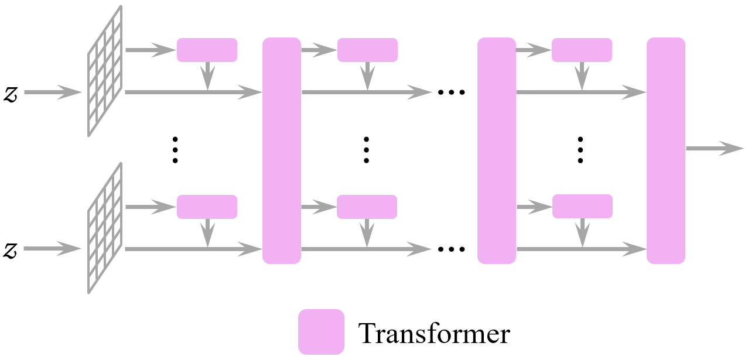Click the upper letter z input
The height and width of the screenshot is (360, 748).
coord(11,94)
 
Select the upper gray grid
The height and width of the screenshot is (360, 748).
coord(105,71)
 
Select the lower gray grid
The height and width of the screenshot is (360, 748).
coord(105,228)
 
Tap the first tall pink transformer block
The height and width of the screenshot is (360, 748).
coord(282,150)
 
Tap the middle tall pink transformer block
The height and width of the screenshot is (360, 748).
coord(497,150)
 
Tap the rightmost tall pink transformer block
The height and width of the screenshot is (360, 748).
coord(666,150)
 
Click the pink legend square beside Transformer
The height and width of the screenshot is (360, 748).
coord(321,332)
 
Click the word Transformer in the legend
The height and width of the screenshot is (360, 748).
coord(434,334)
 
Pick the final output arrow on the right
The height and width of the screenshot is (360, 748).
coord(714,149)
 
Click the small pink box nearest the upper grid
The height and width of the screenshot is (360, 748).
coord(207,50)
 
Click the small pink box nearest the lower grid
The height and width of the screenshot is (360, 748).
coord(207,207)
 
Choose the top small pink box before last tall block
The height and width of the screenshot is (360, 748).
coord(582,50)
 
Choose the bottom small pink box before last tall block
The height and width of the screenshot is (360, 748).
coord(582,207)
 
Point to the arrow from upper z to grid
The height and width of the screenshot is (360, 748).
coord(52,92)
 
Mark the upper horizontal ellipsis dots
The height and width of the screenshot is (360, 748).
coord(451,93)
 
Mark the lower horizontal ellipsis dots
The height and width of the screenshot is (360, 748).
coord(451,250)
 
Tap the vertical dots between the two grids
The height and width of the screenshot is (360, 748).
coord(175,150)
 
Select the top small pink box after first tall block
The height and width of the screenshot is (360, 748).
coord(367,50)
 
